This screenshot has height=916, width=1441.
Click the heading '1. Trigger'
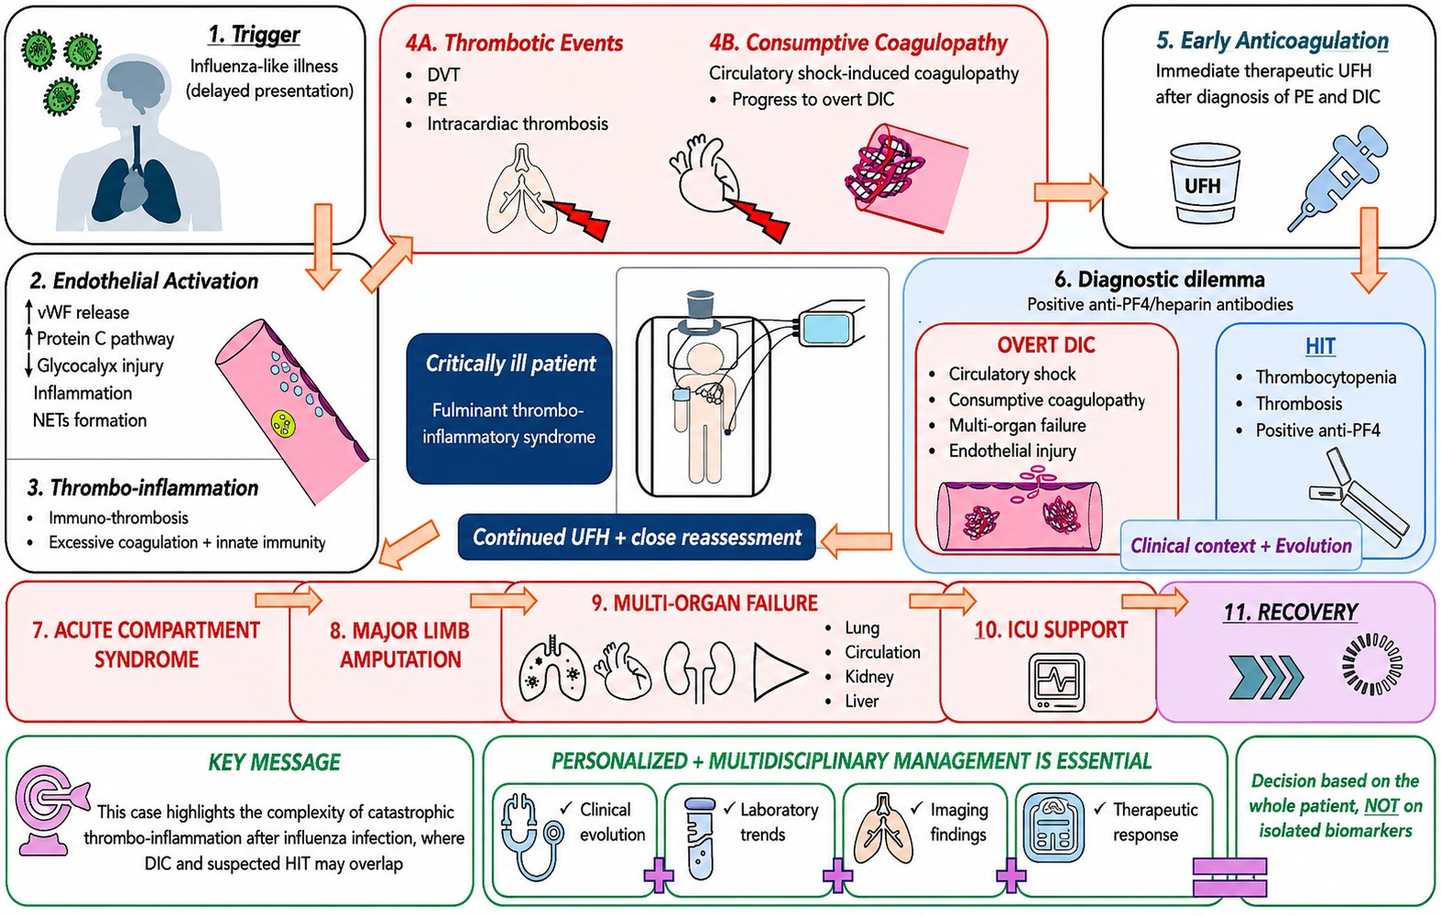254,34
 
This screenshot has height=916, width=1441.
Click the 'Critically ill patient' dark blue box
509,408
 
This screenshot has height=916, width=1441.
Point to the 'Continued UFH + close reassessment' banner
637,537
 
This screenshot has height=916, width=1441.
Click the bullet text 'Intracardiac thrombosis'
518,124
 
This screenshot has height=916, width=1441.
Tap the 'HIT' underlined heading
1320,346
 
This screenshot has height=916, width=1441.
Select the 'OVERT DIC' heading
1046,344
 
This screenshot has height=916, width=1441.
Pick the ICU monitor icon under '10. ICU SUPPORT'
1056,682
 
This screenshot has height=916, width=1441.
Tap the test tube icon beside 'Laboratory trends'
701,838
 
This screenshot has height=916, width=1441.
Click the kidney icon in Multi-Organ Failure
699,672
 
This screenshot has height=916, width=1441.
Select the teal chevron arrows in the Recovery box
1265,677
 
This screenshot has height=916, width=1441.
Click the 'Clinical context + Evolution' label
1241,546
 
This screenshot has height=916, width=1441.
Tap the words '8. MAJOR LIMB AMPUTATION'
400,645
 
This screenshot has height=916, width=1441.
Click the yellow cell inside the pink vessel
283,423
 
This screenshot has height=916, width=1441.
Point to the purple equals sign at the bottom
1229,877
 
